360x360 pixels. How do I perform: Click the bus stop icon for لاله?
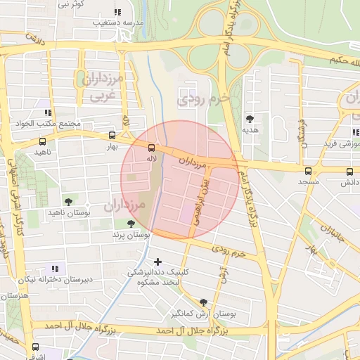point(150,148)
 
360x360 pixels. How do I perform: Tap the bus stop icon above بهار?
point(112,136)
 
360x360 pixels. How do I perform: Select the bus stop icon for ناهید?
point(43,142)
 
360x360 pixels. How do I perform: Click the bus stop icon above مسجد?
point(308,171)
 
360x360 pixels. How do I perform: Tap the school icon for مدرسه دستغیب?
point(117,12)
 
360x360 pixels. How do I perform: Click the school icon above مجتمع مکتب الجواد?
point(48,112)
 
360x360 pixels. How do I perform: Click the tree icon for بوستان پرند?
point(131,223)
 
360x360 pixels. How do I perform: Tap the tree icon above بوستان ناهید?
point(68,202)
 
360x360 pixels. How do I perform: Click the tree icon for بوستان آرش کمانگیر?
point(203,302)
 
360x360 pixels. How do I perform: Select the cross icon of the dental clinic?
point(157,262)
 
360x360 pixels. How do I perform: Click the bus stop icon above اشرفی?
point(35,347)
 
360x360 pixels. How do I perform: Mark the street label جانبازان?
point(332,232)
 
